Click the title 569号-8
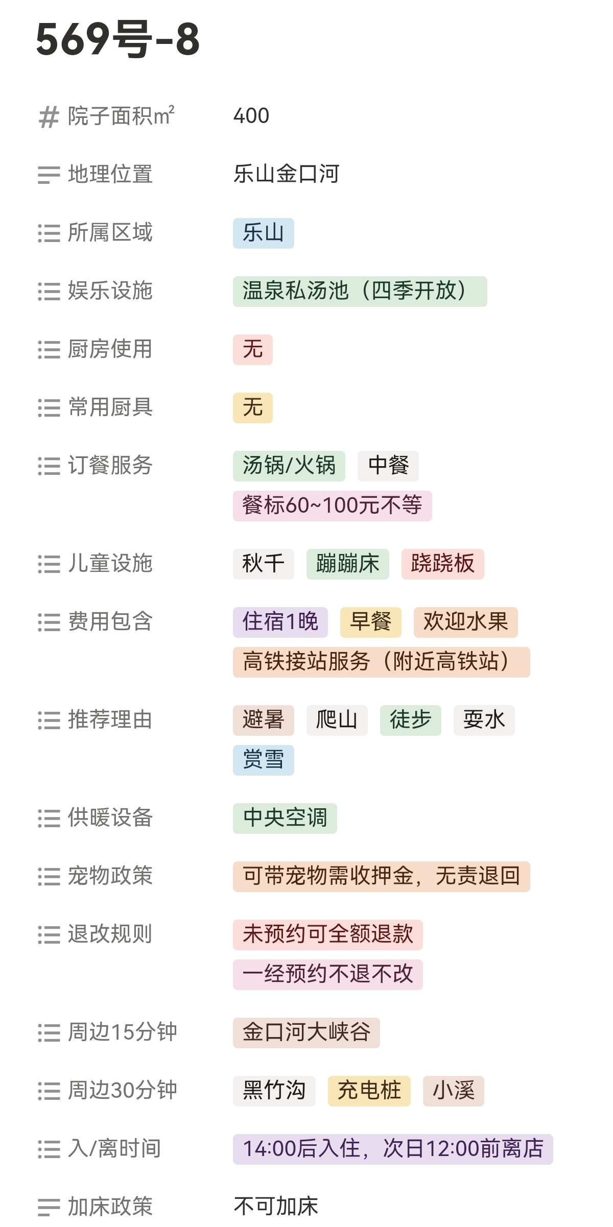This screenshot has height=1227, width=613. click(x=117, y=39)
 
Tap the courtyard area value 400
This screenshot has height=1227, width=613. click(x=251, y=116)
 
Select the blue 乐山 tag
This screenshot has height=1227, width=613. click(x=263, y=233)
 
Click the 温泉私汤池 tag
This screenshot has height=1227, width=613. click(x=360, y=292)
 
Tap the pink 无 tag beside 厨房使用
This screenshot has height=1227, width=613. click(x=252, y=350)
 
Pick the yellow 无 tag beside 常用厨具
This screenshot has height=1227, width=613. click(x=252, y=408)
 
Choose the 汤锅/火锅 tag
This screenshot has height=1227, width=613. click(x=289, y=466)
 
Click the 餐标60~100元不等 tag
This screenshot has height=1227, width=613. click(x=332, y=506)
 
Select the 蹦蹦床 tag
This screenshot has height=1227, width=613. click(x=347, y=564)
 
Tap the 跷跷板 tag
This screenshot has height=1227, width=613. click(x=442, y=564)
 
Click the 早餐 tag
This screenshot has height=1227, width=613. click(x=370, y=622)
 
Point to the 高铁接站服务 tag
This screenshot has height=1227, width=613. click(x=381, y=662)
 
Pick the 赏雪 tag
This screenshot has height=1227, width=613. click(x=263, y=760)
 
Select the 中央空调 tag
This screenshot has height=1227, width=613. click(x=285, y=818)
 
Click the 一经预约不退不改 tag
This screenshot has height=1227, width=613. click(x=327, y=974)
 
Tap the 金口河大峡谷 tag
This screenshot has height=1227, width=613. click(x=306, y=1032)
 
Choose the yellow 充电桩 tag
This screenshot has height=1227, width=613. click(x=369, y=1091)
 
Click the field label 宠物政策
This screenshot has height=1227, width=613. click(x=110, y=876)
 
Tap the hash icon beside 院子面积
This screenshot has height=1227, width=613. click(x=49, y=117)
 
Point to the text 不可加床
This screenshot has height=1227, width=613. click(x=276, y=1206)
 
